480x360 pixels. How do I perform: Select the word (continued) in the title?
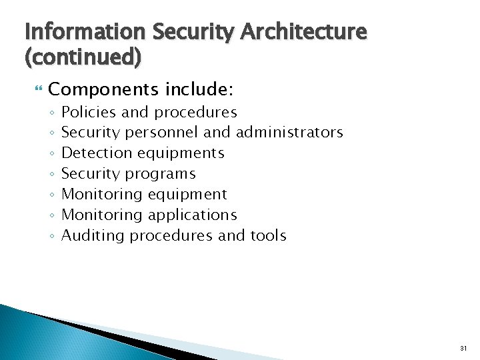point(83,58)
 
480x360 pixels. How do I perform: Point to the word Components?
point(103,89)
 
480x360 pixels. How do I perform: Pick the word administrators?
point(289,133)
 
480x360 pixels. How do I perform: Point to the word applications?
point(193,215)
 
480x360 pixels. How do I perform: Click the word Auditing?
point(93,236)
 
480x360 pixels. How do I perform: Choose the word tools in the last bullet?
point(269,236)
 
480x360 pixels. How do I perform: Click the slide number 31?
point(464,348)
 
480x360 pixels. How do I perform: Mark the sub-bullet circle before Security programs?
point(52,175)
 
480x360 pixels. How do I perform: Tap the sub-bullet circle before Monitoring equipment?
point(52,195)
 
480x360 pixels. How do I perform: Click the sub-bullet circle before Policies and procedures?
point(52,113)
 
